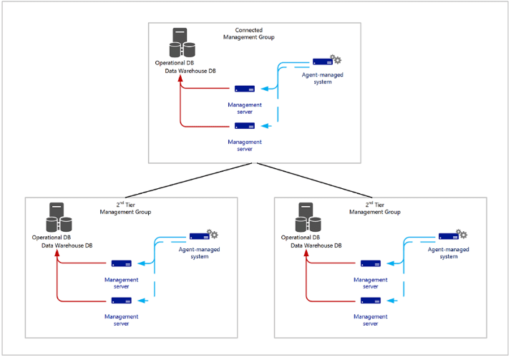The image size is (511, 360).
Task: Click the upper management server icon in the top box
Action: tap(245, 89)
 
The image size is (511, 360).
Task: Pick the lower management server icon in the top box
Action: tap(245, 126)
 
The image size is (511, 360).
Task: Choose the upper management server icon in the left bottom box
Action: tap(121, 264)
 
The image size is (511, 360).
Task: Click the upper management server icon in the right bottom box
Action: tap(370, 264)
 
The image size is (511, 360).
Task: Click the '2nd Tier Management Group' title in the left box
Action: tap(126, 208)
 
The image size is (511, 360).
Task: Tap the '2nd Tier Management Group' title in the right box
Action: tap(375, 208)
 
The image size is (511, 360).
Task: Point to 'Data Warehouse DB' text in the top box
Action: tap(190, 71)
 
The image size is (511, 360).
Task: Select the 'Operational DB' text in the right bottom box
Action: tap(301, 237)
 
